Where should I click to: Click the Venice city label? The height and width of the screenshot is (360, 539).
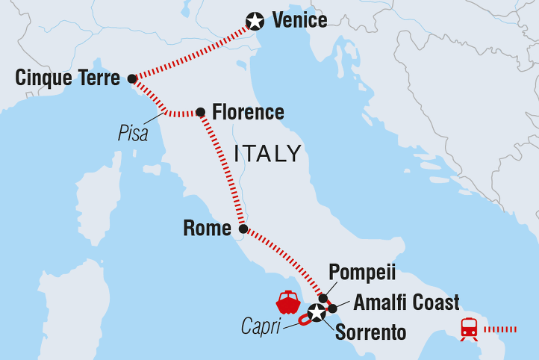click(299, 20)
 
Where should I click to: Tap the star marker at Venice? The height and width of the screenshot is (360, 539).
click(257, 21)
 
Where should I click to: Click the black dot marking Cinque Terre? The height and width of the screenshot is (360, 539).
click(132, 78)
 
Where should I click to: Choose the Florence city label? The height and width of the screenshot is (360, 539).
click(248, 113)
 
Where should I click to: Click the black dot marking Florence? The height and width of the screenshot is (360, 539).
click(200, 113)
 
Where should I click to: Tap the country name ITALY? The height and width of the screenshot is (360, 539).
click(267, 155)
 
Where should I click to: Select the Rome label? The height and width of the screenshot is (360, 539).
click(207, 229)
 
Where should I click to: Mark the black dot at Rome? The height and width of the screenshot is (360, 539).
click(243, 229)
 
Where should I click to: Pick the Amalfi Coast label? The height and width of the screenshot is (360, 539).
click(406, 302)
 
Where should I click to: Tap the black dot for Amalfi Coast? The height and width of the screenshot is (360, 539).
click(333, 308)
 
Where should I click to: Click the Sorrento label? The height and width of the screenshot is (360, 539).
click(371, 332)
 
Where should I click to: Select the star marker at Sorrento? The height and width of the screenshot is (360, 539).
click(317, 314)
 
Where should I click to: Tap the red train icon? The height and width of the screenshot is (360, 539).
click(469, 329)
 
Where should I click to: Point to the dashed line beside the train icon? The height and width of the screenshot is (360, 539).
click(503, 329)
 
